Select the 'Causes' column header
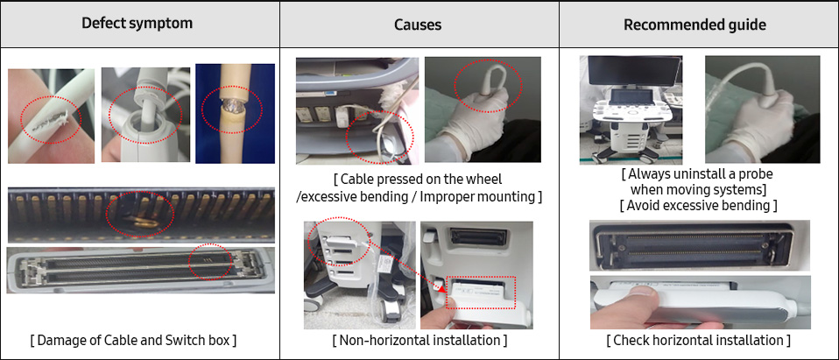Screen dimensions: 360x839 419,25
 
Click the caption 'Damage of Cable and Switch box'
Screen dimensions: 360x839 133,339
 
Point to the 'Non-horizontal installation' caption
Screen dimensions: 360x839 419,339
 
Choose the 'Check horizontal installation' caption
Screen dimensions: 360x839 698,339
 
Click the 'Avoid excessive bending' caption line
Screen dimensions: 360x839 698,205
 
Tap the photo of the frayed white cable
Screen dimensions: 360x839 51,116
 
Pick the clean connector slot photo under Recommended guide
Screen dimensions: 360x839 699,245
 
